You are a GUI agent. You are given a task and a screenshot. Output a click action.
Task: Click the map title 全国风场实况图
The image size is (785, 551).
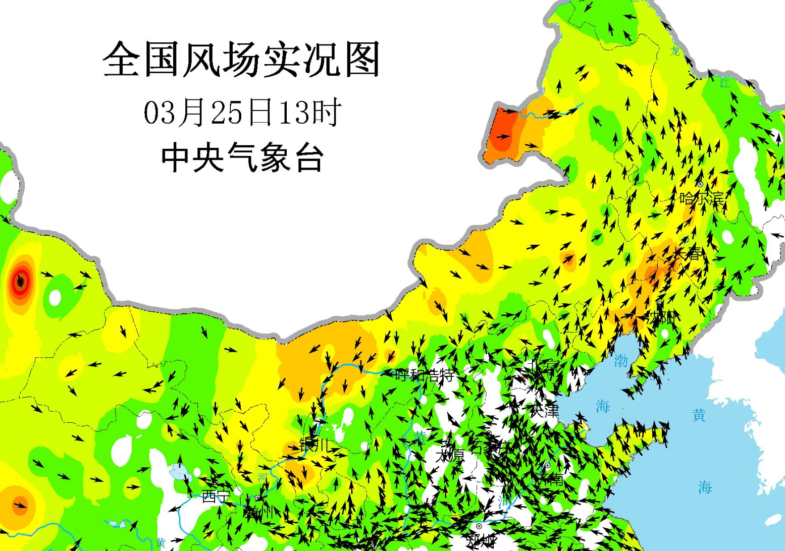coord(241,60)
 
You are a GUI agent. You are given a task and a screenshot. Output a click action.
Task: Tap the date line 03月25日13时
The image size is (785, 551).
coord(242,112)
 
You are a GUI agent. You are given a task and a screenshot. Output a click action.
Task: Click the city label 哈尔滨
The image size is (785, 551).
coord(702,198)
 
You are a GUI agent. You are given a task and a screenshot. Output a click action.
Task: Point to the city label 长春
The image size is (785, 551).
coord(687,253)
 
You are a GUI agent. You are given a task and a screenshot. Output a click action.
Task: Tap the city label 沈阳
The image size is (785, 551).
coord(662,317)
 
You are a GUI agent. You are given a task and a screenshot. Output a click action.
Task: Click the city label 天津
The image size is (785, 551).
coord(544,410)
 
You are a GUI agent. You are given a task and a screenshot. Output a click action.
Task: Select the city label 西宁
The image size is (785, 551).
coord(216,497)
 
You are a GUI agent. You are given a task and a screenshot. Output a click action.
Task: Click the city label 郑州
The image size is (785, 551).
coord(482,541)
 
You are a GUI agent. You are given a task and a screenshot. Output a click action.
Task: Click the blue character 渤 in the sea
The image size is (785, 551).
coord(620,360)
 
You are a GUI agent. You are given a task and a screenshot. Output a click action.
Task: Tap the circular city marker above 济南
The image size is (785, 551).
coord(547,465)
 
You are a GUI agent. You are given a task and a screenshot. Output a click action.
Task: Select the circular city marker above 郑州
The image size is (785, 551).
coord(479,526)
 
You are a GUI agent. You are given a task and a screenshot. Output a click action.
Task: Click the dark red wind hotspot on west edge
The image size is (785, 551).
coord(21,281)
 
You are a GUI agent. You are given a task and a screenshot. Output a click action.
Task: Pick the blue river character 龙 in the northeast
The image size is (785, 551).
coord(675,51)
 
